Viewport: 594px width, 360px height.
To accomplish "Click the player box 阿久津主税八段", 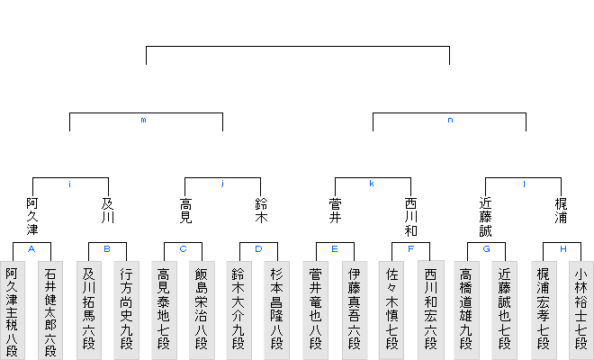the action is tap(13, 310).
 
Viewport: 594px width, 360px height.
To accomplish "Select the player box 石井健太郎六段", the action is tap(50, 310).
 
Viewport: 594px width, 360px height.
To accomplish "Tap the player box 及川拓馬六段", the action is tap(89, 310).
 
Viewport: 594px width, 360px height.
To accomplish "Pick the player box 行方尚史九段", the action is tap(127, 310).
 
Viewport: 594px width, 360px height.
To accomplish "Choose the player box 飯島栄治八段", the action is tap(202, 310).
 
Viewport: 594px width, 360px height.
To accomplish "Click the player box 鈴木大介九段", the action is tap(239, 310).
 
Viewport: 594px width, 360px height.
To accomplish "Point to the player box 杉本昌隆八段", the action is tap(277, 310).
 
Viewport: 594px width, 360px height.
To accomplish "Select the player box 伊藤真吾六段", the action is tap(355, 310).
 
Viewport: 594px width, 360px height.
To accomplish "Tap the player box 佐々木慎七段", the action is tap(391, 310).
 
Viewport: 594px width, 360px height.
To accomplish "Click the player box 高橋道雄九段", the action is tap(466, 310).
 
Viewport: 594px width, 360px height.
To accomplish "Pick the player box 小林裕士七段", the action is tap(581, 310).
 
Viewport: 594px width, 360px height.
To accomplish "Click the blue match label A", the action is tap(31, 249).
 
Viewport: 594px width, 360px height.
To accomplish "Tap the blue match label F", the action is tap(411, 249).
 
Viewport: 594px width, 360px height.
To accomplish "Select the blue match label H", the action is tap(563, 249).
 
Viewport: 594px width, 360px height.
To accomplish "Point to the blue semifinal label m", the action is tap(144, 120).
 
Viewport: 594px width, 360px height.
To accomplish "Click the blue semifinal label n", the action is tap(450, 120).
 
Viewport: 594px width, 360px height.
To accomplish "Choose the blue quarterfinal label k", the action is tap(372, 184).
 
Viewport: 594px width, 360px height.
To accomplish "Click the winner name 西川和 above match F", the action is tap(411, 218).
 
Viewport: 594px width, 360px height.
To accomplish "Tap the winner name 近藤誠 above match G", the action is tap(486, 218).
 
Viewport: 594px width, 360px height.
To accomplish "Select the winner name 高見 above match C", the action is tap(185, 211).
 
